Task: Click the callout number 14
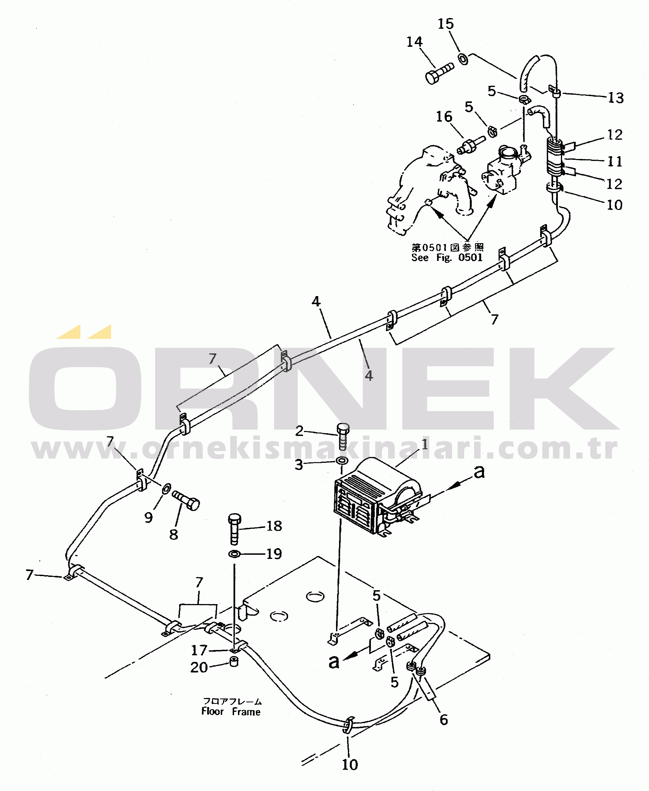tap(414, 42)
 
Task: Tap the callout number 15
tap(446, 24)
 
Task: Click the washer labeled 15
tap(463, 59)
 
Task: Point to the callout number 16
tap(444, 117)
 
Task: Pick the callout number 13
tap(616, 98)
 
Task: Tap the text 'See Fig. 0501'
tap(447, 258)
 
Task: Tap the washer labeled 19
tap(234, 554)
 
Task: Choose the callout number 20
tap(199, 667)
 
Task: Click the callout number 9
tap(148, 517)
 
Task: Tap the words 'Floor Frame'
tap(231, 712)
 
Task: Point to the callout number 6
tap(444, 720)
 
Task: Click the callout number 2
tap(299, 431)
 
